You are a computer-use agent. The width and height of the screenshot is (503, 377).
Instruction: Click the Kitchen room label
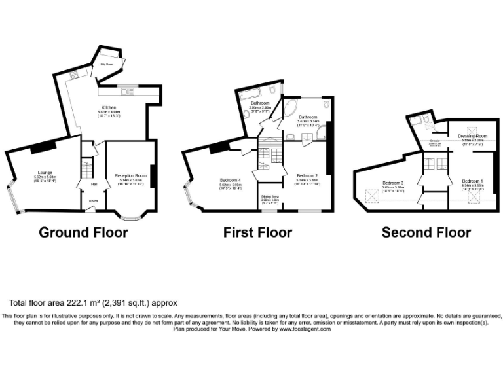pyautogui.click(x=108, y=107)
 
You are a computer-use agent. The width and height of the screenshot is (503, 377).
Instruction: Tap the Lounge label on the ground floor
pyautogui.click(x=45, y=173)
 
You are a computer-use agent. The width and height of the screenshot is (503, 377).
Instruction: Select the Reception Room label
pyautogui.click(x=128, y=176)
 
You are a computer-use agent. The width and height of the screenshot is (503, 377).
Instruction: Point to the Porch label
pyautogui.click(x=94, y=201)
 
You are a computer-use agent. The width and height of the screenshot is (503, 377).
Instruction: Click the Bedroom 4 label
pyautogui.click(x=231, y=180)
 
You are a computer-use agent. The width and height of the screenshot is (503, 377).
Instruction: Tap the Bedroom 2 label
pyautogui.click(x=307, y=176)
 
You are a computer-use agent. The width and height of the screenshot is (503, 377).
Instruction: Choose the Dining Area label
pyautogui.click(x=270, y=196)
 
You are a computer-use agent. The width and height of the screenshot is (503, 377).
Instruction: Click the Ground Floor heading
pyautogui.click(x=83, y=232)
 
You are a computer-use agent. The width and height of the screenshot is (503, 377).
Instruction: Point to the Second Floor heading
pyautogui.click(x=426, y=232)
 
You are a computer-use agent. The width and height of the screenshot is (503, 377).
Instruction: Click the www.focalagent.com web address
pyautogui.click(x=305, y=329)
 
